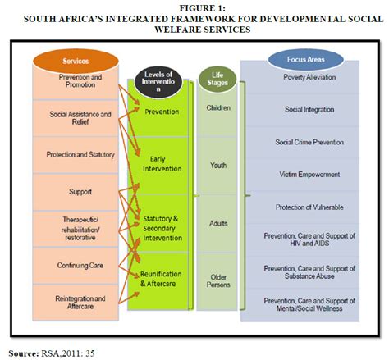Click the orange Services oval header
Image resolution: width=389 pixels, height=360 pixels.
point(76,61)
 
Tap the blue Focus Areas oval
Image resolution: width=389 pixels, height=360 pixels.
point(305,59)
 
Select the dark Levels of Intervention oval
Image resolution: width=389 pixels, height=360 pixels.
point(158,82)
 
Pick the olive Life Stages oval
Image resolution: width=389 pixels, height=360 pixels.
point(217,79)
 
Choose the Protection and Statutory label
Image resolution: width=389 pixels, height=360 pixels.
point(80,155)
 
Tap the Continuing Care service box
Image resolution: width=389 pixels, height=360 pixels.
point(76,266)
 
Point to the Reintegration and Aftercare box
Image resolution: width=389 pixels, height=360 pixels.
point(76,303)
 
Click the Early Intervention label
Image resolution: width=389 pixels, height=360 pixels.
point(162,164)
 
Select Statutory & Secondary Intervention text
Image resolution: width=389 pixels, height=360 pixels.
point(162,228)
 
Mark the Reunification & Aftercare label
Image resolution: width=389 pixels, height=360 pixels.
point(161,279)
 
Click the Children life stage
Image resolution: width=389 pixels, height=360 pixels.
point(218,108)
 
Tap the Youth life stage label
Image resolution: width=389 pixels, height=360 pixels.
point(218,166)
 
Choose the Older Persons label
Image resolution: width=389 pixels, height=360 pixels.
point(218,280)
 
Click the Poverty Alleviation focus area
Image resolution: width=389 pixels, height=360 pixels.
point(309,77)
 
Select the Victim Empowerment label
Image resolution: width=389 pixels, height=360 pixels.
point(309,175)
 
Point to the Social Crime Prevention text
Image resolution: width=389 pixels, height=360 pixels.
point(309,142)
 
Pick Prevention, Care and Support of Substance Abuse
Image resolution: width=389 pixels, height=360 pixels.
point(309,272)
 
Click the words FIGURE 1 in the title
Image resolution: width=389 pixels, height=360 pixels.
point(203,8)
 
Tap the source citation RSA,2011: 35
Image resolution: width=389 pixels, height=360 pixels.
point(68,353)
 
